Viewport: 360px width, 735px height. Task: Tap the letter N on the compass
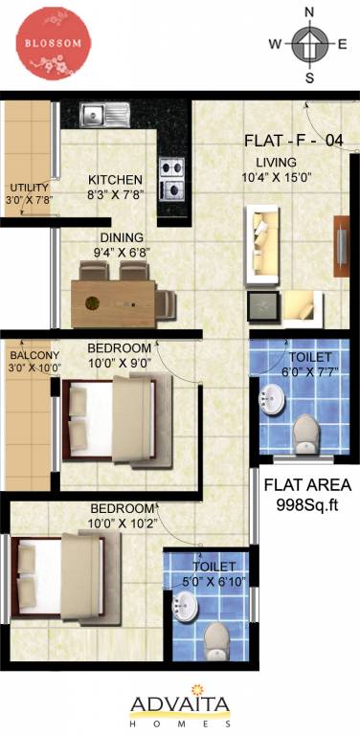pyautogui.click(x=309, y=11)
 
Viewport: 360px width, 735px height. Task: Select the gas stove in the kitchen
pyautogui.click(x=172, y=177)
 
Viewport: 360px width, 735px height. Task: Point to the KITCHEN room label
pyautogui.click(x=115, y=179)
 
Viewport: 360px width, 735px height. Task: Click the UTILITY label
pyautogui.click(x=28, y=187)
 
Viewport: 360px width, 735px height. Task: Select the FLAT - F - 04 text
pyautogui.click(x=293, y=141)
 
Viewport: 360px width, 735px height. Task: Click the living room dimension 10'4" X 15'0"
pyautogui.click(x=277, y=177)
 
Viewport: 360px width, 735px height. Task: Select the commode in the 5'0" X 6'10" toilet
pyautogui.click(x=217, y=639)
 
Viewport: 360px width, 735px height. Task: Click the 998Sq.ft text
pyautogui.click(x=307, y=504)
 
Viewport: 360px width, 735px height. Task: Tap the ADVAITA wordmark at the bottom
pyautogui.click(x=180, y=706)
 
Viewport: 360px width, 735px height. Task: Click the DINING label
pyautogui.click(x=121, y=238)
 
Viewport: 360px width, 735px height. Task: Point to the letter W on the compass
pyautogui.click(x=274, y=44)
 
